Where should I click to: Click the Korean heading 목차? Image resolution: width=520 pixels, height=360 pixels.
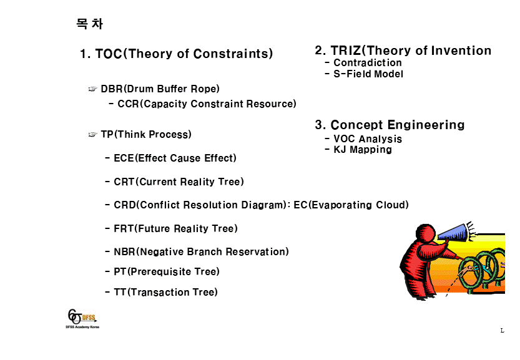tap(89, 24)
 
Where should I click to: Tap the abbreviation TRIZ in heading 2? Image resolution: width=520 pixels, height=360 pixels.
tap(346, 51)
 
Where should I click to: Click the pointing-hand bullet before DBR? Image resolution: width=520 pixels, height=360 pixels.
tap(92, 89)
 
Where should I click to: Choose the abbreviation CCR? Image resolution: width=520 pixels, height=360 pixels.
tap(128, 104)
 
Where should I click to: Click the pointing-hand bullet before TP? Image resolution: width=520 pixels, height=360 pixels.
tap(92, 134)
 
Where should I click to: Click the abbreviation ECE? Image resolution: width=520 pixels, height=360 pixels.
tap(124, 158)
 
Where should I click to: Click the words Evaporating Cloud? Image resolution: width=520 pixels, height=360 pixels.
tap(358, 205)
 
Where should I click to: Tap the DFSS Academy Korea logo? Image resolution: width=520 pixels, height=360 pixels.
tap(82, 319)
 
